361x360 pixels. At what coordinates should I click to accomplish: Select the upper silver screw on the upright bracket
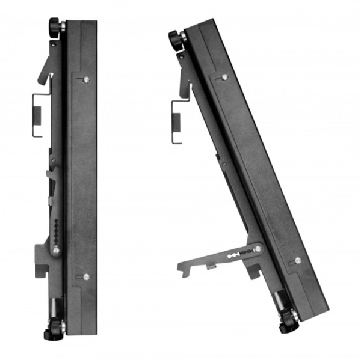[x=87, y=79]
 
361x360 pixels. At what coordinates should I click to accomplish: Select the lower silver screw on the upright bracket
[x=86, y=276]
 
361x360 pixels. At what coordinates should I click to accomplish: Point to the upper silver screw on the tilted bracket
[x=224, y=77]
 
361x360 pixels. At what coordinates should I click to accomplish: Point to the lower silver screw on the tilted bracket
[x=298, y=260]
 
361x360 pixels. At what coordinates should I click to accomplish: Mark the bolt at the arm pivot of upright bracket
[x=55, y=249]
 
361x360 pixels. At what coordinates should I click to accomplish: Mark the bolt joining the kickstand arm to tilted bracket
[x=257, y=249]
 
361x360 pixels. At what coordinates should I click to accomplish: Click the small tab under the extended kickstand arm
[x=211, y=266]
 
